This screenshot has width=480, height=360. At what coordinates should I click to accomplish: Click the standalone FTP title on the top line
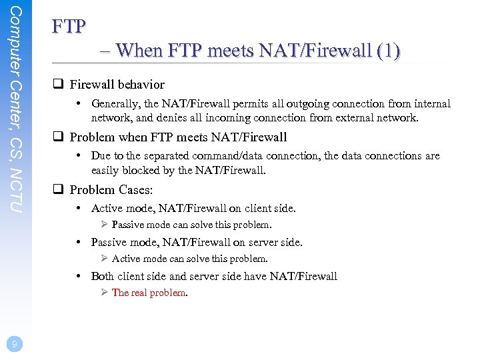[x=69, y=26]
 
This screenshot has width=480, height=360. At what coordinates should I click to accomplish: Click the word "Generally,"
[x=116, y=104]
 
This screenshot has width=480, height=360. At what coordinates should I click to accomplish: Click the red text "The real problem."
[x=150, y=293]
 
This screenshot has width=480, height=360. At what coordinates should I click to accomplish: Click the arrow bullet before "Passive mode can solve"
[x=105, y=225]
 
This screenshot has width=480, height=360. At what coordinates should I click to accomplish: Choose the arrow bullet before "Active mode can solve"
[x=105, y=259]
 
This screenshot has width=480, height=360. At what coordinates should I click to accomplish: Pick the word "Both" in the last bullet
[x=102, y=276]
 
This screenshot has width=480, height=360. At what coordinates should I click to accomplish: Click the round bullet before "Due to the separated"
[x=79, y=156]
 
